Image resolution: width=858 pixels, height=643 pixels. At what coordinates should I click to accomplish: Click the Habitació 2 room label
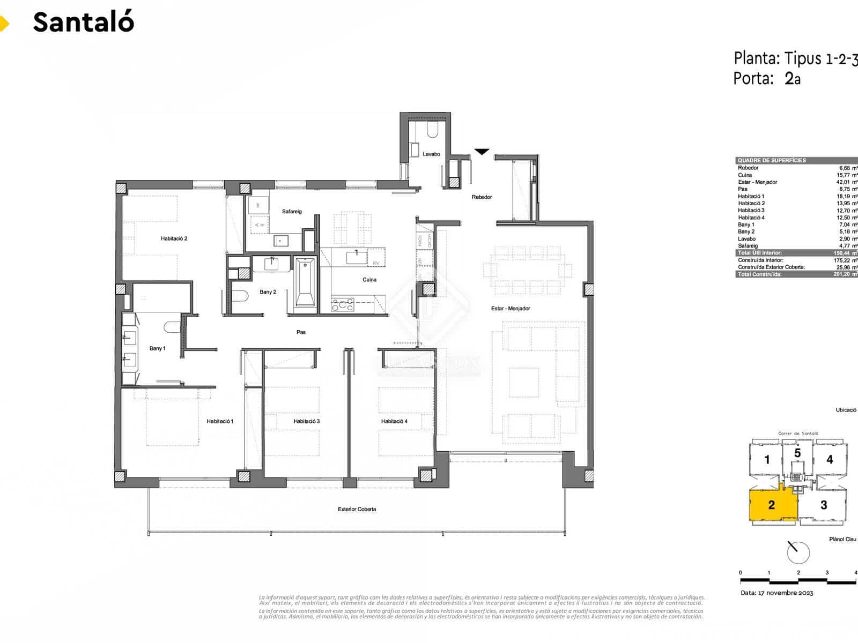click(174, 238)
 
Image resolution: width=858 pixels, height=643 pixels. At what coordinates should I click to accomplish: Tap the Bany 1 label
click(157, 348)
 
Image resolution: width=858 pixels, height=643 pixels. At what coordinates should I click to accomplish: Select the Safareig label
click(292, 212)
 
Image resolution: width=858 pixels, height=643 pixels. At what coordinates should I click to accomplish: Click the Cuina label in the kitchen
click(369, 280)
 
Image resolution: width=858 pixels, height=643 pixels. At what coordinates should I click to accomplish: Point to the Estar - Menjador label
click(511, 309)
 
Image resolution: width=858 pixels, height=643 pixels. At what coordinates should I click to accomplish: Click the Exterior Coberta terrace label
click(357, 509)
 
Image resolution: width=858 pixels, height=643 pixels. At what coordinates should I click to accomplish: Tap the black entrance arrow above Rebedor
click(482, 152)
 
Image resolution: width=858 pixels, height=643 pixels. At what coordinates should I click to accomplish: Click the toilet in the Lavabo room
click(432, 129)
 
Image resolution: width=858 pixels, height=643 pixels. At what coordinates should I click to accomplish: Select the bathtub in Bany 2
click(305, 283)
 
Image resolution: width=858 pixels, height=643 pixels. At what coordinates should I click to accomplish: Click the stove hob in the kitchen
click(343, 305)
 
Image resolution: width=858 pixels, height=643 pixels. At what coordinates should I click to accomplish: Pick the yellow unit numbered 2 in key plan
click(771, 505)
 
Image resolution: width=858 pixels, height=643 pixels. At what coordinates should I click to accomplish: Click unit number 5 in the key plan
click(797, 453)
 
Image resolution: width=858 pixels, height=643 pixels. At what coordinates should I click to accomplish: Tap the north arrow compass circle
click(798, 552)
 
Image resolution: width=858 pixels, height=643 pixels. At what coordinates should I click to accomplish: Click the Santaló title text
click(84, 23)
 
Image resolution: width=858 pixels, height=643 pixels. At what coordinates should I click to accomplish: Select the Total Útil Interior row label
click(759, 253)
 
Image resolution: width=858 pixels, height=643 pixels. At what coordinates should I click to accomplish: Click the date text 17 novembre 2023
click(777, 593)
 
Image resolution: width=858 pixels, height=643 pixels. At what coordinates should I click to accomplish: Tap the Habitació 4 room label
click(394, 421)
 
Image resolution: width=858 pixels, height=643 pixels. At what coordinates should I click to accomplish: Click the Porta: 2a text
click(766, 79)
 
